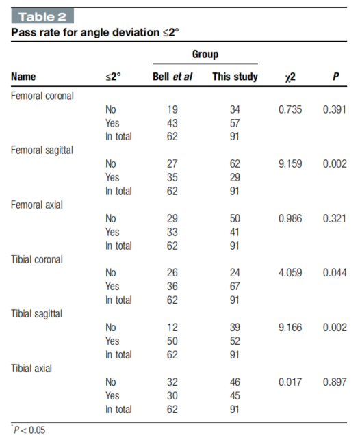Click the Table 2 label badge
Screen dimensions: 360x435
[42, 16]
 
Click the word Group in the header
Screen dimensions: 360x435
[205, 54]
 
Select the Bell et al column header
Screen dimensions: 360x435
[172, 77]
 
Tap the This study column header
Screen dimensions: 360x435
[235, 77]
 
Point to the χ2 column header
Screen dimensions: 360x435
[290, 77]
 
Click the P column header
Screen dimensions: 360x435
[336, 77]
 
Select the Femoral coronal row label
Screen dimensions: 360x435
[42, 96]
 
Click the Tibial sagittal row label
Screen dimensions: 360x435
[37, 314]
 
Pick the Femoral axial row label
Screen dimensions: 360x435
[37, 205]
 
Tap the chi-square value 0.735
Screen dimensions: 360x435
[290, 109]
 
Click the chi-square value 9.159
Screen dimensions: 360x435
[290, 163]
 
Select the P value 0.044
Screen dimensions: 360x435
[335, 273]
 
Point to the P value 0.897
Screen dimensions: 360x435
[335, 382]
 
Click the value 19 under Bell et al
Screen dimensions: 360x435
[172, 109]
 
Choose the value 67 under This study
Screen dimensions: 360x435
[235, 287]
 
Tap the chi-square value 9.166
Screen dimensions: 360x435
[290, 328]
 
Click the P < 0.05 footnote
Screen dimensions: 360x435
[28, 430]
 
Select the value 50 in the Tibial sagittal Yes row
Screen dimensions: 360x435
[172, 341]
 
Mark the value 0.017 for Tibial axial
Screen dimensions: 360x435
[290, 382]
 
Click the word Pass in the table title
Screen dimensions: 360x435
[23, 32]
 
